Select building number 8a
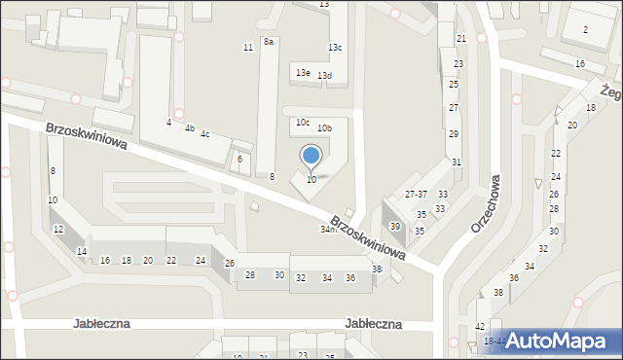point(269,42)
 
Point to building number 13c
point(335,48)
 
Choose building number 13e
point(304,73)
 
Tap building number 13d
point(324,76)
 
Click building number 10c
point(303,123)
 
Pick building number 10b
point(324,127)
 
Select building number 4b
point(190,128)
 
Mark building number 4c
point(204,134)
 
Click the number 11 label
point(248,48)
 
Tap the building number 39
point(395,226)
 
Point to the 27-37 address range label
point(416,195)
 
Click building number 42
point(480,326)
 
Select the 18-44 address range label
point(494,342)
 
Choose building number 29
point(454,133)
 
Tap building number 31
point(456,162)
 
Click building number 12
point(58,229)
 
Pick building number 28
point(249,275)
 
